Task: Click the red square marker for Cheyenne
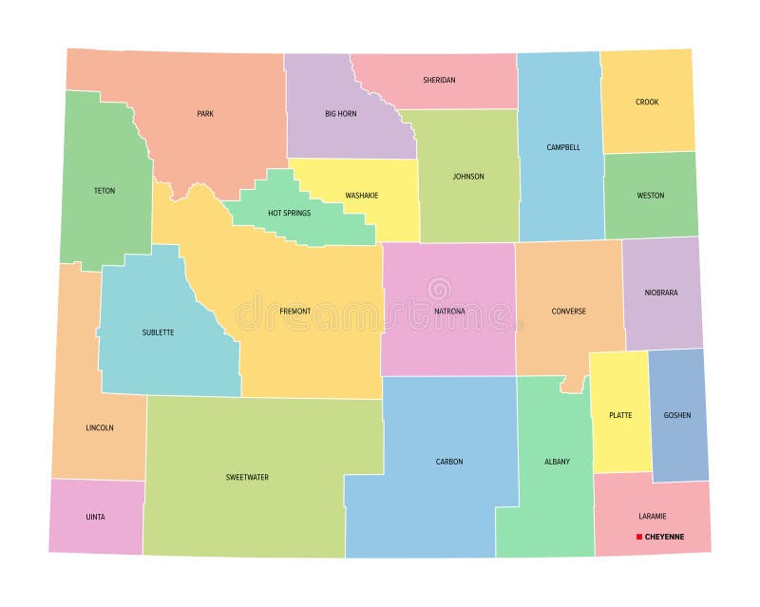(x=639, y=537)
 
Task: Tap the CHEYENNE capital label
(x=664, y=537)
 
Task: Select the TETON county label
(x=104, y=191)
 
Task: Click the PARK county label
(x=205, y=114)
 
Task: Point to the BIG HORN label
(x=339, y=114)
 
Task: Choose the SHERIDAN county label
(x=439, y=80)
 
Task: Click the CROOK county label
(x=647, y=102)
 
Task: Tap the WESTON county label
(x=651, y=196)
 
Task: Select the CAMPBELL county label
(x=562, y=147)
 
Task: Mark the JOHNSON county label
(x=468, y=176)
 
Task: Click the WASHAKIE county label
(x=361, y=196)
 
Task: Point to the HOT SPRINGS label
(x=289, y=213)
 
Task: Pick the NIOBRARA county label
(x=660, y=293)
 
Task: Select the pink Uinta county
(x=96, y=517)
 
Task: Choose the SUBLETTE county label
(x=158, y=332)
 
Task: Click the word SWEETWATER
(x=247, y=477)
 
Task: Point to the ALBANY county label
(x=558, y=462)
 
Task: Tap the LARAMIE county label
(x=653, y=516)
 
